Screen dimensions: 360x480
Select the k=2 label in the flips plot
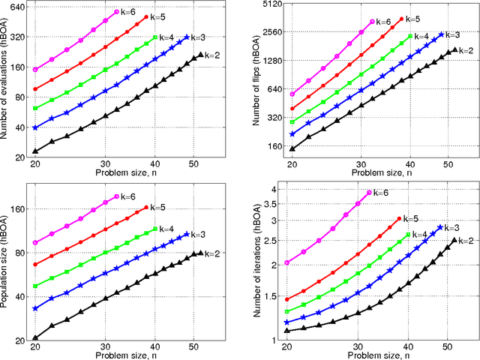coord(466,51)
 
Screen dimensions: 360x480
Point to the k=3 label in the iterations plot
coord(450,227)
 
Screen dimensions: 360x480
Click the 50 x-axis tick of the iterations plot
coord(447,347)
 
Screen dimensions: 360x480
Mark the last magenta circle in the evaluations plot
coord(116,13)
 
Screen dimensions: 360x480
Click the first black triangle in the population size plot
coord(35,337)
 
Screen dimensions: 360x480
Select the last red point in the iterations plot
coord(398,219)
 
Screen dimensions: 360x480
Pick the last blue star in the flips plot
coord(440,34)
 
